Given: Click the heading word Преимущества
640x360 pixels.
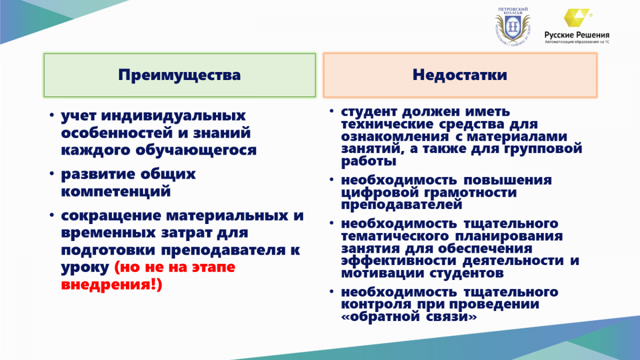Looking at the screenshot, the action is (179, 75).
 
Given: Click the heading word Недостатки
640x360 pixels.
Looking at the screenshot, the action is (460, 75).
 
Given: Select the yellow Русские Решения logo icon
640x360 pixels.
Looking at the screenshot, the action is (576, 18).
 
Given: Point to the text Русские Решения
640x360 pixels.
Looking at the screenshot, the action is (577, 35).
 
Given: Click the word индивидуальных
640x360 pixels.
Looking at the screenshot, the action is (173, 116).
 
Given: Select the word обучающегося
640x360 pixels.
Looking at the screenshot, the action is (196, 150).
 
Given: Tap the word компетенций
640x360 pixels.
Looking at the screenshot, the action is (116, 191).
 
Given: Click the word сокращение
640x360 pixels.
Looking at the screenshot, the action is (111, 216).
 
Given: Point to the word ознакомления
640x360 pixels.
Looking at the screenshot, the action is (395, 137).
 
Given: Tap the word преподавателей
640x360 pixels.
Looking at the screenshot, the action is (402, 205).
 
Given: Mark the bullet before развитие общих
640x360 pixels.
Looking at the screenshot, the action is (52, 173).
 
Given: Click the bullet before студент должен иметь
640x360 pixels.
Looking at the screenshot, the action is (331, 111).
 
